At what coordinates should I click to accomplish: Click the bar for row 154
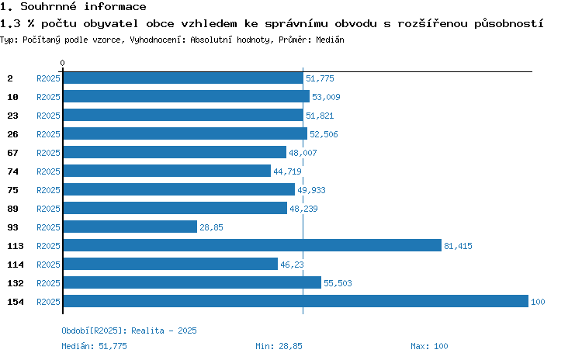[296, 301]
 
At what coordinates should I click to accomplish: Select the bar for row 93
[130, 227]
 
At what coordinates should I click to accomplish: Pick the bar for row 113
[252, 245]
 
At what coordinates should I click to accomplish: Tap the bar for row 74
[167, 171]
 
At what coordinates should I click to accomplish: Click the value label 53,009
[326, 97]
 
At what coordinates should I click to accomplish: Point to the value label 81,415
[458, 246]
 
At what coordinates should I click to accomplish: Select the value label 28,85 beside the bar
[211, 227]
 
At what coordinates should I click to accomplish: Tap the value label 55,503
[338, 283]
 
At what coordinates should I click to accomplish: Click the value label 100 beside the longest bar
[538, 302]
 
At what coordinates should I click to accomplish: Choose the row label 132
[16, 283]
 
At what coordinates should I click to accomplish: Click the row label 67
[12, 153]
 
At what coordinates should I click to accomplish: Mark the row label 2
[10, 78]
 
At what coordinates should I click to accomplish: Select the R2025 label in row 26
[48, 134]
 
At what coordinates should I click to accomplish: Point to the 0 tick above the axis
[62, 63]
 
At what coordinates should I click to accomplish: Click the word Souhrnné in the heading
[48, 6]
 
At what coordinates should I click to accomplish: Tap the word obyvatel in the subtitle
[111, 24]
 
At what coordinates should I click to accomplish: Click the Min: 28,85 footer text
[279, 346]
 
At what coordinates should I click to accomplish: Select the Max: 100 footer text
[429, 346]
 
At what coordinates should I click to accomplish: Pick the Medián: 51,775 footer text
[94, 346]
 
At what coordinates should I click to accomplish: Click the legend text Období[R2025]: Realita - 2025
[129, 331]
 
